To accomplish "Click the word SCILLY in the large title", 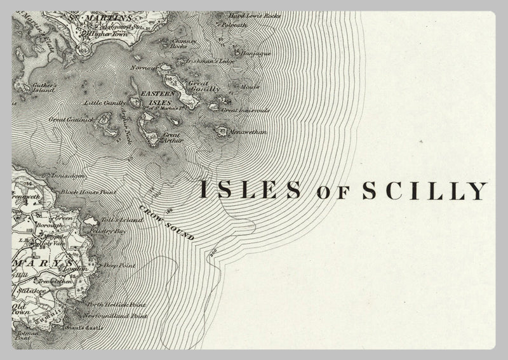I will [424, 190].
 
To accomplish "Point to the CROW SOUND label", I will [166, 222].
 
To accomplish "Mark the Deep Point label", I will [120, 265].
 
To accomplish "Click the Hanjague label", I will [257, 53].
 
